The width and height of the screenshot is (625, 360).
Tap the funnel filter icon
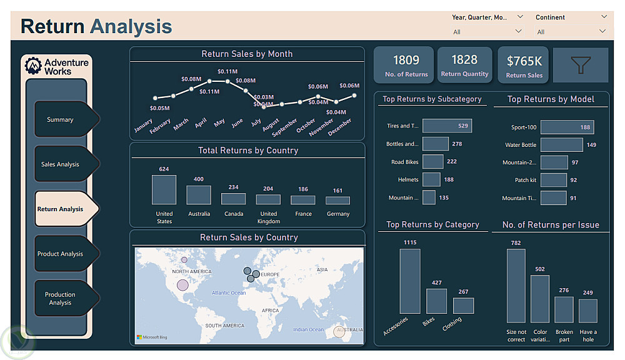click(581, 65)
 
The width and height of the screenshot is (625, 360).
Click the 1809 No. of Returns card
click(406, 65)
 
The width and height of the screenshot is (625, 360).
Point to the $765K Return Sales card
click(524, 65)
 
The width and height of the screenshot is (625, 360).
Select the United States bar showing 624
click(164, 189)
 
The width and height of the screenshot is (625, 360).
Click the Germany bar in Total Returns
click(337, 201)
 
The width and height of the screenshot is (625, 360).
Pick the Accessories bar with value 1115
click(410, 281)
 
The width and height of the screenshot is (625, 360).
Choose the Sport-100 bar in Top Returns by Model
click(567, 127)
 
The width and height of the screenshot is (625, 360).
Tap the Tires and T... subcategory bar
click(447, 126)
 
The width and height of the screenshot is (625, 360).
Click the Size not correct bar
click(516, 286)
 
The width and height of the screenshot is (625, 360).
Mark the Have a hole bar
click(587, 311)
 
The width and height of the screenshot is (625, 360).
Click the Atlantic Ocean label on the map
click(229, 292)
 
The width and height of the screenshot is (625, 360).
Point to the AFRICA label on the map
click(270, 310)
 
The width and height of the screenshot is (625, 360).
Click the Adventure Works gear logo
click(33, 66)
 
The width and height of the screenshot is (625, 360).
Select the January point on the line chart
click(155, 98)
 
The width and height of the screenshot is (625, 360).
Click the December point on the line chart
click(354, 95)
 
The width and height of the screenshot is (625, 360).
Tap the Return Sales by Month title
click(247, 54)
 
